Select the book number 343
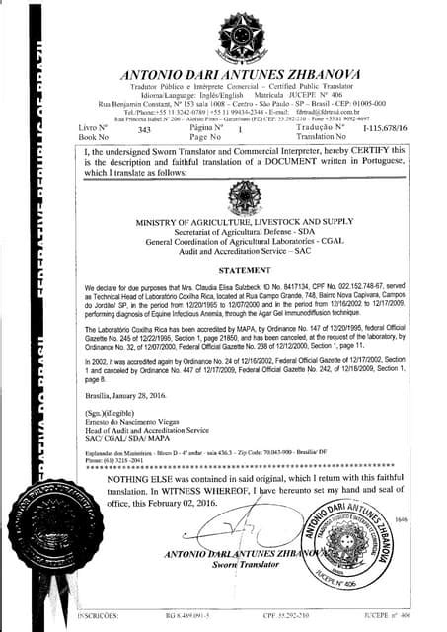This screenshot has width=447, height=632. [145, 129]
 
